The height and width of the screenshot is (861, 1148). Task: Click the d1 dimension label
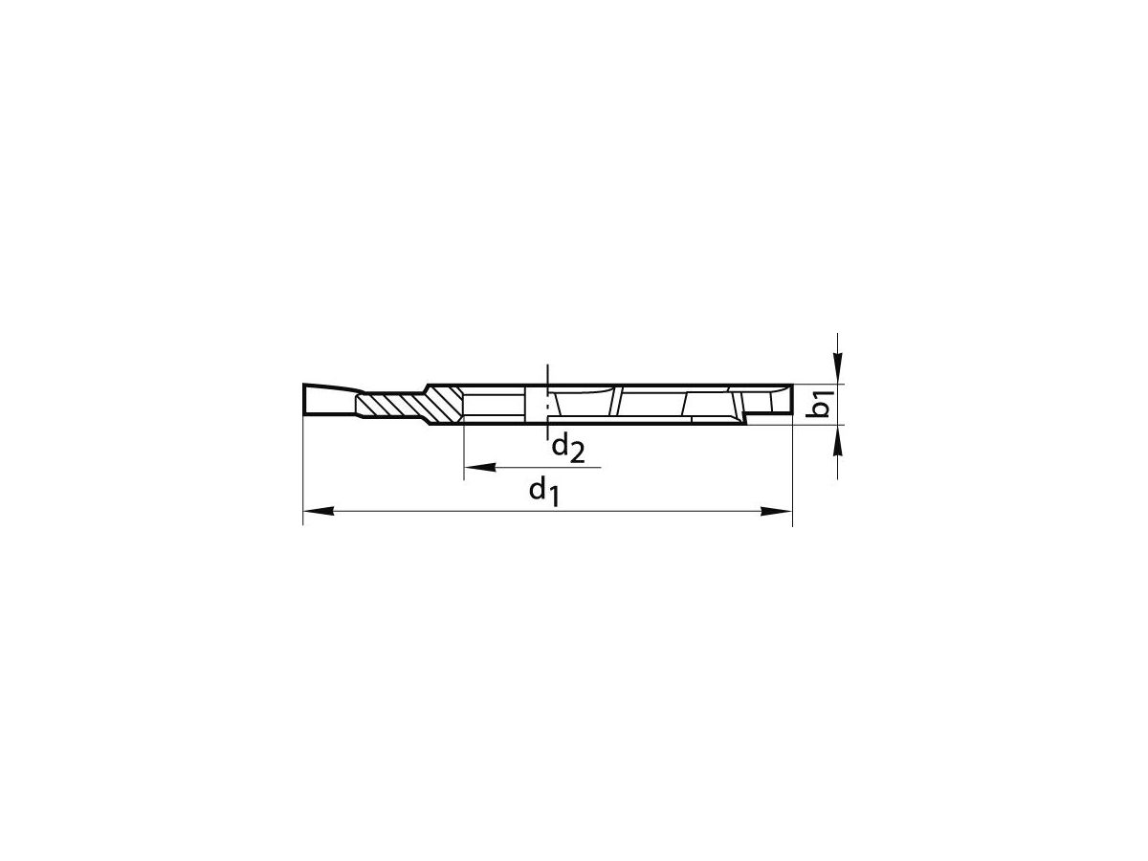542,492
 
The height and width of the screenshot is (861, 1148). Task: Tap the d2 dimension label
566,447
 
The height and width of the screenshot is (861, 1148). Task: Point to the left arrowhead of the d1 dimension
317,513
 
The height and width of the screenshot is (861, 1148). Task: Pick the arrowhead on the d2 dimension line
478,468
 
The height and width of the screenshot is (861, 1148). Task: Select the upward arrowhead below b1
838,437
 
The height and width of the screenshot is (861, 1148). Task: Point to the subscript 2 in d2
576,453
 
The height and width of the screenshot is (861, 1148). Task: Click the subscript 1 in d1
551,497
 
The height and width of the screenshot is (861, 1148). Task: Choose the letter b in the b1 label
822,409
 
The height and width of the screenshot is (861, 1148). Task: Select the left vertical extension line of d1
303,469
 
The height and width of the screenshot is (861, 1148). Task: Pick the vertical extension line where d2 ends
464,450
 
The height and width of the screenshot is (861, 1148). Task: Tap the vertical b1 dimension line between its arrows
838,402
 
